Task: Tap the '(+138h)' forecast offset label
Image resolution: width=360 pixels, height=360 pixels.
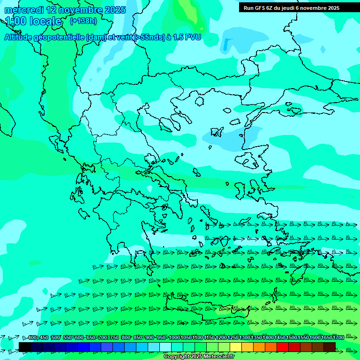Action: (83, 21)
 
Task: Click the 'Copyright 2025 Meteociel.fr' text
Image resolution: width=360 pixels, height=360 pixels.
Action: (199, 357)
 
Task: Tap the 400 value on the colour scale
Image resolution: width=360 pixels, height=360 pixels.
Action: (32, 338)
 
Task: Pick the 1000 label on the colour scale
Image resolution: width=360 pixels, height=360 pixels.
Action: (174, 338)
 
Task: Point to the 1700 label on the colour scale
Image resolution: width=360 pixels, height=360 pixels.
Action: (338, 338)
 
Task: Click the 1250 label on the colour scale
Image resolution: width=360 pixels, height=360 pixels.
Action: (233, 338)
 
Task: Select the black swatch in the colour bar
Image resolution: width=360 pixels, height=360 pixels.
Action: (25, 347)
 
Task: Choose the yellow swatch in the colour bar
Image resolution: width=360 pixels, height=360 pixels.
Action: (236, 347)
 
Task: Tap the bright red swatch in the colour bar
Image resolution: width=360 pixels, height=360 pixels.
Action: (283, 347)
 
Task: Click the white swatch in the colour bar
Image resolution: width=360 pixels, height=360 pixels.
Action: (165, 347)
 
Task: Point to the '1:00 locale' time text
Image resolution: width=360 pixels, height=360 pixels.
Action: (34, 21)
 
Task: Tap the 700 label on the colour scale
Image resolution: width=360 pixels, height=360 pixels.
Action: (103, 338)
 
